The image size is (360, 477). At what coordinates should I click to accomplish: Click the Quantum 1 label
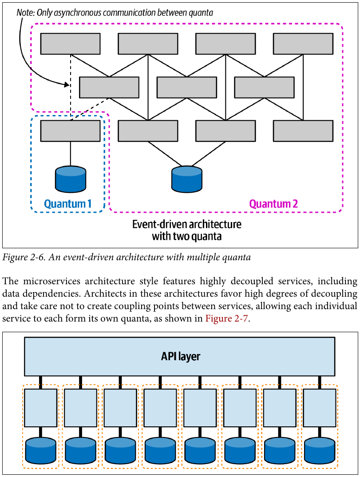pyautogui.click(x=67, y=203)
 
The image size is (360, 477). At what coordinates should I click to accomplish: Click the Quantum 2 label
pyautogui.click(x=273, y=203)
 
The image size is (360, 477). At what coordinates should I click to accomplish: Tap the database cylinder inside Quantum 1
pyautogui.click(x=71, y=179)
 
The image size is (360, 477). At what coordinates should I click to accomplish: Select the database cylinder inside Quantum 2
pyautogui.click(x=187, y=179)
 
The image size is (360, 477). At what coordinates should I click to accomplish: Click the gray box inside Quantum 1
pyautogui.click(x=70, y=131)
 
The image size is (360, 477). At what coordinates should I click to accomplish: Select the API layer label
pyautogui.click(x=181, y=356)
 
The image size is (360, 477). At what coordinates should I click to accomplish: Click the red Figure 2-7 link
pyautogui.click(x=226, y=318)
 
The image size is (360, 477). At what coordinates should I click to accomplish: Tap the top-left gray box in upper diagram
pyautogui.click(x=70, y=44)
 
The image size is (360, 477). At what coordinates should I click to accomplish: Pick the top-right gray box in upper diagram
pyautogui.click(x=303, y=44)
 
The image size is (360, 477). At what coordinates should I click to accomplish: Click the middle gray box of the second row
pyautogui.click(x=187, y=87)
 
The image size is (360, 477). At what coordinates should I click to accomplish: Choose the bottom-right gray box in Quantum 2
pyautogui.click(x=303, y=131)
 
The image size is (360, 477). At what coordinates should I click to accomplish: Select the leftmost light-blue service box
pyautogui.click(x=41, y=408)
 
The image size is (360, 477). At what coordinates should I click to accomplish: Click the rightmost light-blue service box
pyautogui.click(x=320, y=408)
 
